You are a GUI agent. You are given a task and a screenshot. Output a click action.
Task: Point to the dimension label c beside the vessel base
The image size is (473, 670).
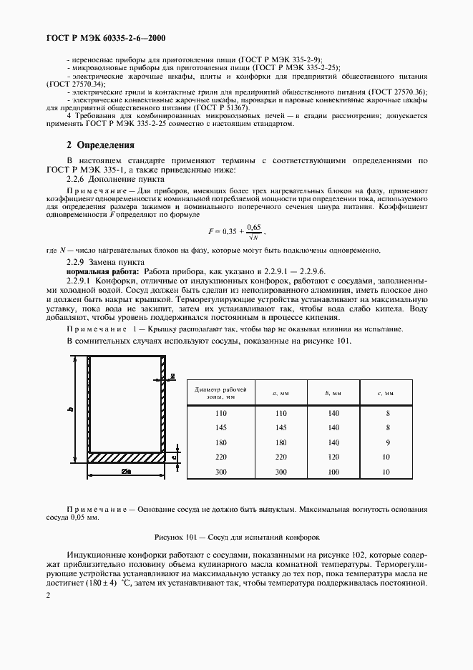[x=173, y=456]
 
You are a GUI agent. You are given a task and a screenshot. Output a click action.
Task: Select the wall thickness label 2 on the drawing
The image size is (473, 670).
[x=172, y=375]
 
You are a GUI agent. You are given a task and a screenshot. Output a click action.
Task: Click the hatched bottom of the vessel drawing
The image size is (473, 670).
[x=125, y=456]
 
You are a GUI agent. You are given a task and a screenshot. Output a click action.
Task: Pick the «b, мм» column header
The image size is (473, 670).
[x=333, y=392]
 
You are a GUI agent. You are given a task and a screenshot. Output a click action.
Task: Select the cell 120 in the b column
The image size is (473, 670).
[x=333, y=457]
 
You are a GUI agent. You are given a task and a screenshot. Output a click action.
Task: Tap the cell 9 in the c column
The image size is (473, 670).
[x=387, y=442]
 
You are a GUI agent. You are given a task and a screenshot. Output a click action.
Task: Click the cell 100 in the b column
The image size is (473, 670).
[x=333, y=472]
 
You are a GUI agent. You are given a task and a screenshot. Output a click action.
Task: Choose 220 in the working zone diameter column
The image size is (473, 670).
[x=220, y=457]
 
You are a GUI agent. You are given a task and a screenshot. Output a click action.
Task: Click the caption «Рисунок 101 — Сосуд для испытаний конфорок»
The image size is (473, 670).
[x=236, y=535]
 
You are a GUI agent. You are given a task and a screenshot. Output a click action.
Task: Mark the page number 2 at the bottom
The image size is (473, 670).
[x=49, y=595]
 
